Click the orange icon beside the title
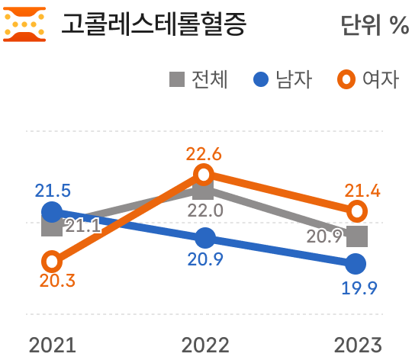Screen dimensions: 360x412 24,24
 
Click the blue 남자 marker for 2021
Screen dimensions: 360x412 52,211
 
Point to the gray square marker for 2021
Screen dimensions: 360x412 52,226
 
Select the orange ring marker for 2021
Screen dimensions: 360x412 52,262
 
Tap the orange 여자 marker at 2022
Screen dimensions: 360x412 204,174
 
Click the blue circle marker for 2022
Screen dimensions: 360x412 204,237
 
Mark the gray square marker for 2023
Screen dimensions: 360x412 356,236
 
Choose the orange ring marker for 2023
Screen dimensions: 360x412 356,211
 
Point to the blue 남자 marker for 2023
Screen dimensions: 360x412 356,264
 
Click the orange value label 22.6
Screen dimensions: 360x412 204,154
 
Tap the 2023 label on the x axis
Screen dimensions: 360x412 357,345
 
